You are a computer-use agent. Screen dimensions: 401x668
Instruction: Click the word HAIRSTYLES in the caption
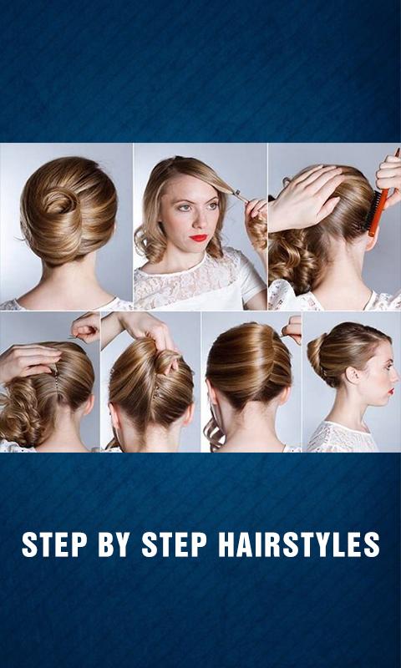[299, 544]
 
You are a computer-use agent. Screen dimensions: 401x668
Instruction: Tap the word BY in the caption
[114, 544]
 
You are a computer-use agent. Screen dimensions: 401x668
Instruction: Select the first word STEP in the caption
[53, 544]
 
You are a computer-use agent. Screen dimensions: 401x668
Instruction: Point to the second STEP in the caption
[174, 544]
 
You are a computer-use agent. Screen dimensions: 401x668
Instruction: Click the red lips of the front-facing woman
[199, 237]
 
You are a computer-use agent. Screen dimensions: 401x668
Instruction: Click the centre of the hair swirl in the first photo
[60, 202]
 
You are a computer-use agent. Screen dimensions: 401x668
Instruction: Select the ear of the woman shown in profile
[352, 375]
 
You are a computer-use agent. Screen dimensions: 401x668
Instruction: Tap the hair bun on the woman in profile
[317, 354]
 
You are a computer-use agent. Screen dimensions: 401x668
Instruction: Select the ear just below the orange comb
[373, 241]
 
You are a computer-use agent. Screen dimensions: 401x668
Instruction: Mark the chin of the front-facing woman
[200, 251]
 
